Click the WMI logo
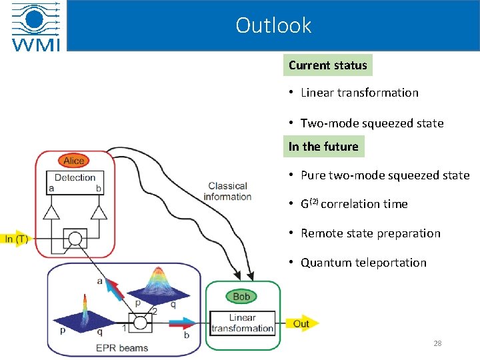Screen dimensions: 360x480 point(36,26)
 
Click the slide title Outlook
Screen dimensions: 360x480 point(273,25)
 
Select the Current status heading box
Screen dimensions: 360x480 point(327,65)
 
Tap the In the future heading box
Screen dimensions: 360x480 point(323,147)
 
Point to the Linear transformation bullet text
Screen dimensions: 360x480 point(359,93)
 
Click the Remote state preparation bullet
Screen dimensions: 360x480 point(371,233)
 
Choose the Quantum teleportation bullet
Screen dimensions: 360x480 point(363,263)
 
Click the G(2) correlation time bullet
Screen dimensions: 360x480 point(354,204)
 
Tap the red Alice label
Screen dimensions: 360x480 point(74,161)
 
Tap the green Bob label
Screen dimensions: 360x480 point(241,296)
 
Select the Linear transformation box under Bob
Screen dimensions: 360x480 point(243,323)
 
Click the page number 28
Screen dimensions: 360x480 point(437,343)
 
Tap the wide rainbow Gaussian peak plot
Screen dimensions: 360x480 point(158,283)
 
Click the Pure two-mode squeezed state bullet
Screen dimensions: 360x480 point(385,176)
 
